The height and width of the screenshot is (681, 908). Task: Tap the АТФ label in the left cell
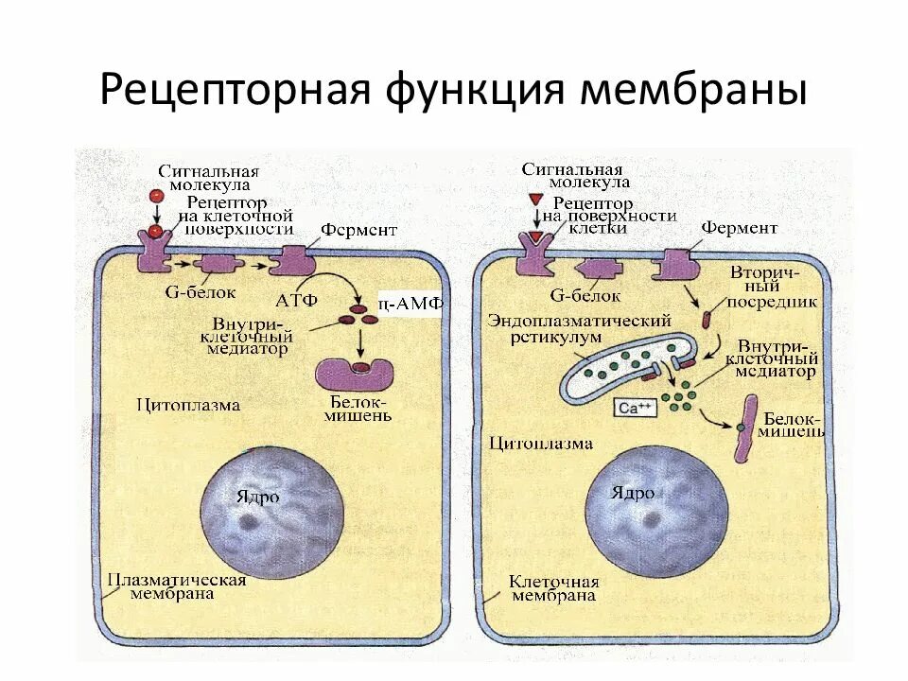pyautogui.click(x=296, y=301)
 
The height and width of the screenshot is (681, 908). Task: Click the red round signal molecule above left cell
pyautogui.click(x=153, y=196)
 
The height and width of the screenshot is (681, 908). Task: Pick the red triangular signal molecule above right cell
pyautogui.click(x=535, y=201)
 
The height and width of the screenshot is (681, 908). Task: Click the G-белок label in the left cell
pyautogui.click(x=200, y=293)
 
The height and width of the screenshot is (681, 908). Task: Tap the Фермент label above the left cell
pyautogui.click(x=358, y=230)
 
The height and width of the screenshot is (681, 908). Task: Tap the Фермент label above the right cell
pyautogui.click(x=740, y=228)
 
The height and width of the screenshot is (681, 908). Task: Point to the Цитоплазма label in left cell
pyautogui.click(x=188, y=405)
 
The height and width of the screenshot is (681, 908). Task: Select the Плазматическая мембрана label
pyautogui.click(x=176, y=586)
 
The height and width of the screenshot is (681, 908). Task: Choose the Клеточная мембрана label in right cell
pyautogui.click(x=554, y=587)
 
